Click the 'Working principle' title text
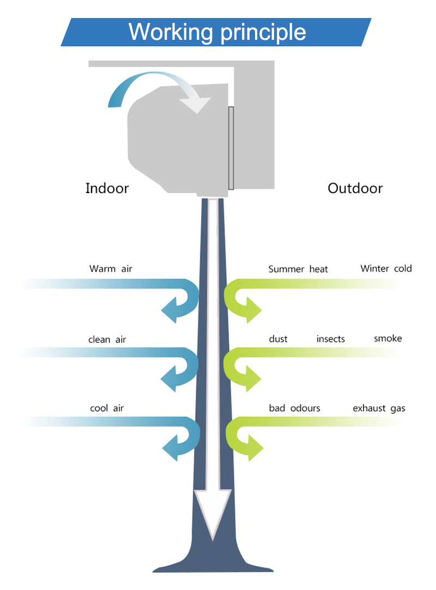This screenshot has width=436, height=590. (x=217, y=32)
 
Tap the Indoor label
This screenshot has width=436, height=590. (x=107, y=188)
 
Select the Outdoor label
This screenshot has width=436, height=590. (x=355, y=188)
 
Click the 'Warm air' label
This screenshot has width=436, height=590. (x=111, y=269)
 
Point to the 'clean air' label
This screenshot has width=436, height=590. (x=107, y=339)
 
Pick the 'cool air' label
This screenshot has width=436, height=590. (x=107, y=408)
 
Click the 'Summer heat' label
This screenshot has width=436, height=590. (x=298, y=269)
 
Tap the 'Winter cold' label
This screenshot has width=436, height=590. (x=386, y=268)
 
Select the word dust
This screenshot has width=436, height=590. (x=278, y=339)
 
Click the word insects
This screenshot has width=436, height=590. (x=331, y=339)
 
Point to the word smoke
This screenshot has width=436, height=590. (x=388, y=338)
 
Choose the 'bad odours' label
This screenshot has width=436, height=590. (x=294, y=408)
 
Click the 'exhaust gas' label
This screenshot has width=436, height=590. (x=379, y=408)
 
